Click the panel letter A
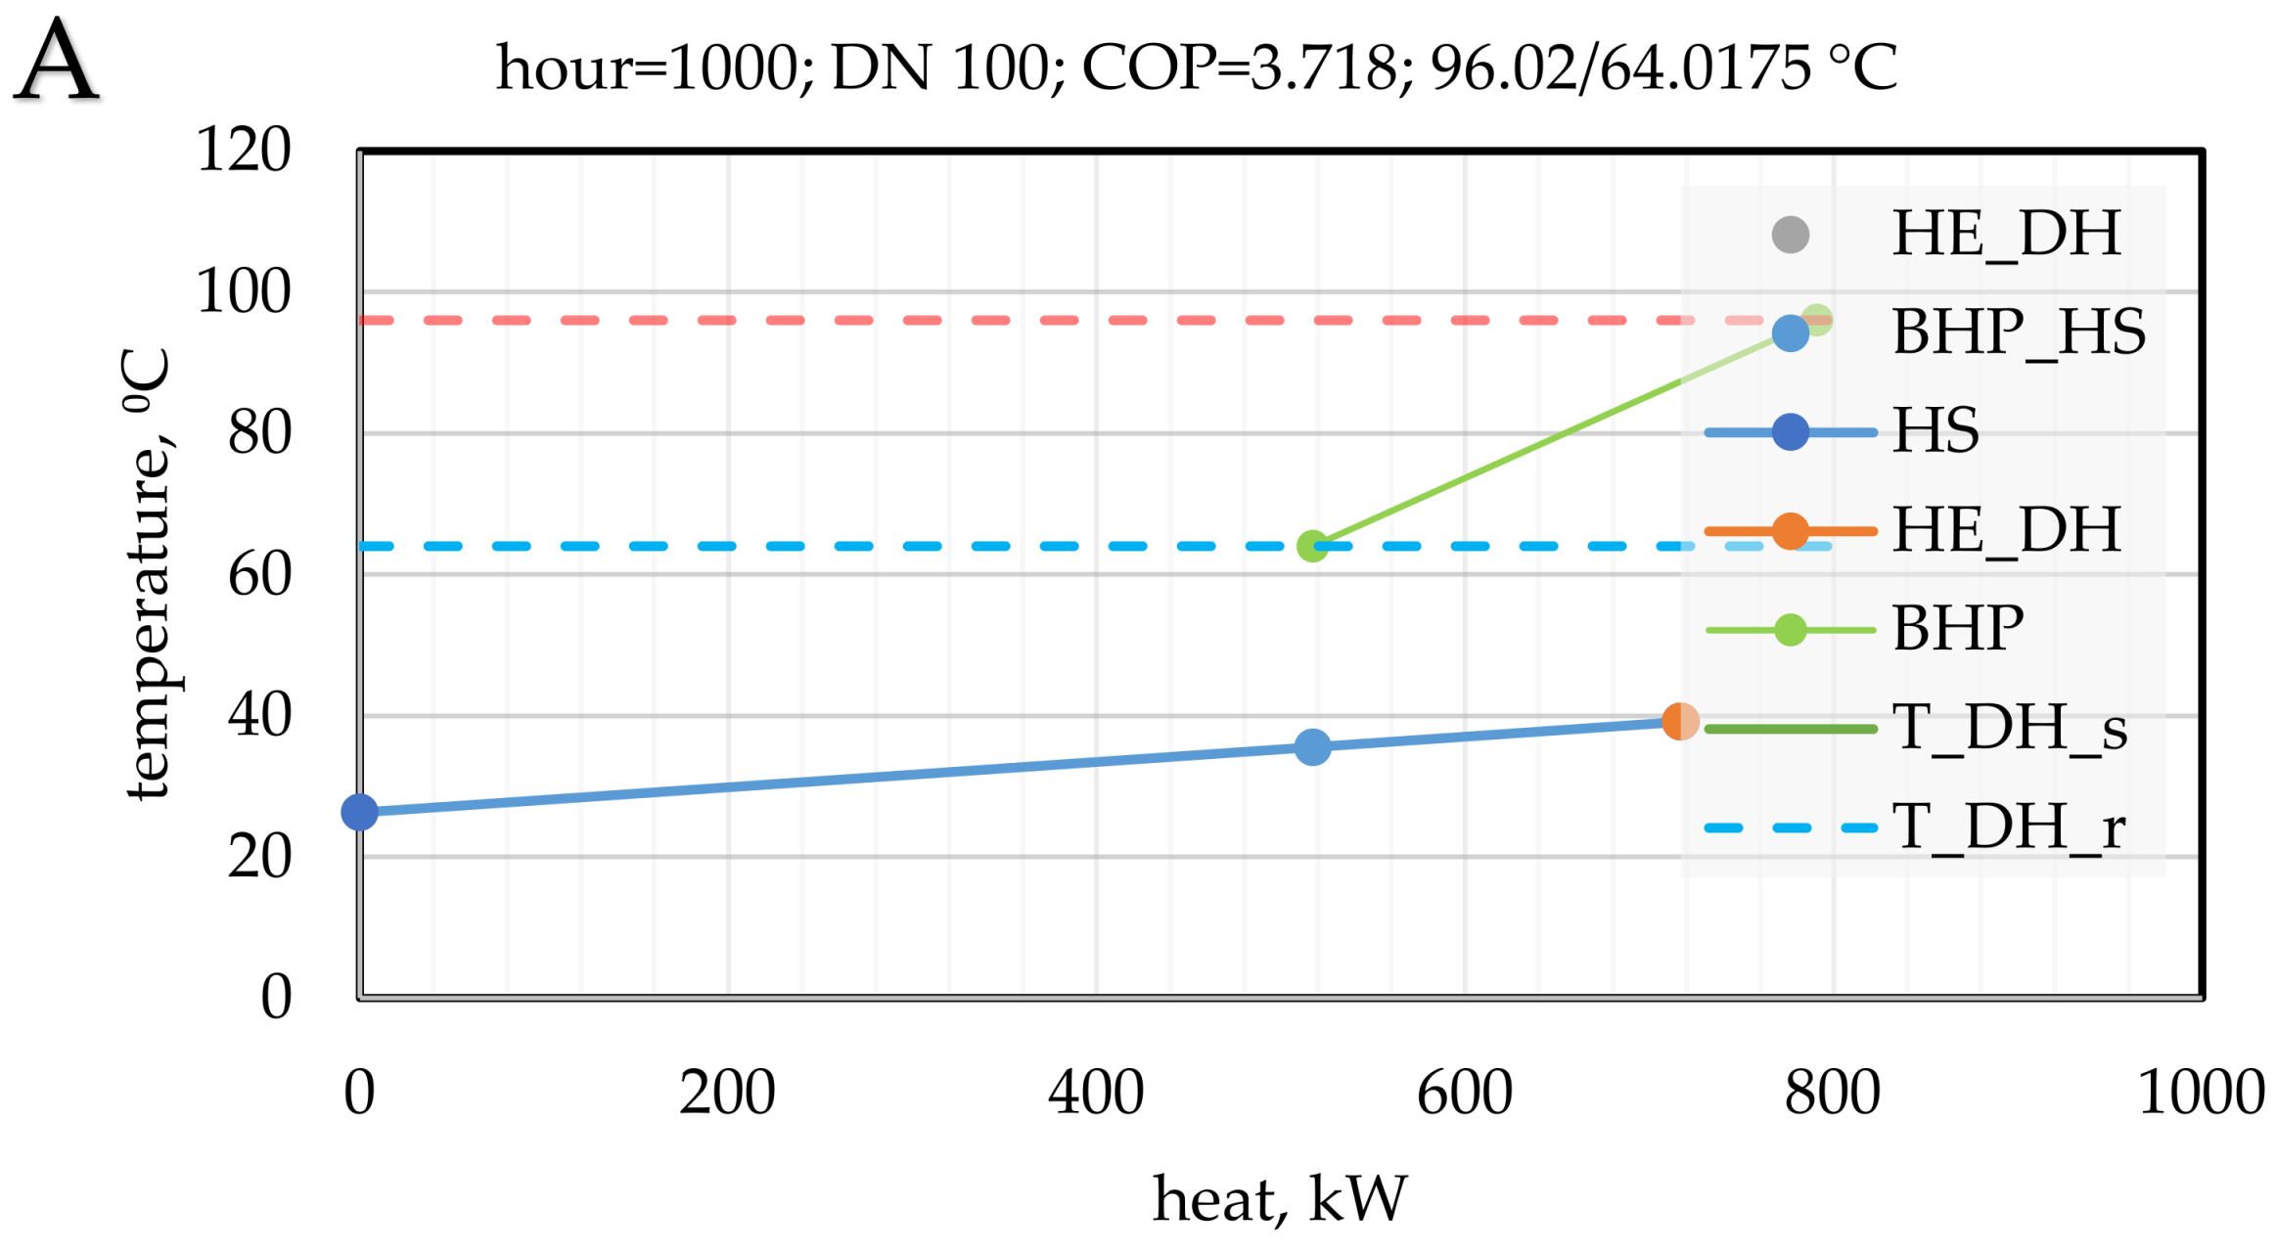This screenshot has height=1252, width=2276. pyautogui.click(x=56, y=61)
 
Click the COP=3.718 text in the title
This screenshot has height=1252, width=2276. pyautogui.click(x=1239, y=68)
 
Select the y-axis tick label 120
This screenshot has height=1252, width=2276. pyautogui.click(x=244, y=151)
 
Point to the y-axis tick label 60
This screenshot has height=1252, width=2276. pyautogui.click(x=259, y=574)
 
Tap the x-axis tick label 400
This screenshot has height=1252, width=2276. pyautogui.click(x=1095, y=1093)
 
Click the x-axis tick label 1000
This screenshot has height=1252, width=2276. pyautogui.click(x=2201, y=1093)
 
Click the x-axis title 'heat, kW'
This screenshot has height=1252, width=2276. pyautogui.click(x=1279, y=1199)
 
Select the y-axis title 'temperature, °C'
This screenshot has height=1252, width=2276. pyautogui.click(x=149, y=574)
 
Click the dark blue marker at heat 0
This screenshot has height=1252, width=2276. pyautogui.click(x=359, y=812)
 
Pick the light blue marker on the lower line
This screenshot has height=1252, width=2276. pyautogui.click(x=1312, y=747)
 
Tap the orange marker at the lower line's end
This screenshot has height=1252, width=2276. pyautogui.click(x=1679, y=722)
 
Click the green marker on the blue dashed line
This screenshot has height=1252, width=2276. pyautogui.click(x=1312, y=547)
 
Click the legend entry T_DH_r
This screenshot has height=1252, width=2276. pyautogui.click(x=2008, y=827)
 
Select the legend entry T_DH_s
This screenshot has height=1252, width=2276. pyautogui.click(x=2008, y=729)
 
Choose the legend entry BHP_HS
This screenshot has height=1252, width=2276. pyautogui.click(x=2018, y=333)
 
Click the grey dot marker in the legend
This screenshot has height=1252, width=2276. pyautogui.click(x=1790, y=235)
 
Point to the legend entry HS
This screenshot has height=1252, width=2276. pyautogui.click(x=1935, y=431)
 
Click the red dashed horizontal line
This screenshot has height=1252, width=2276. pyautogui.click(x=979, y=321)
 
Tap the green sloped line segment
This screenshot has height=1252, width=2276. pyautogui.click(x=1497, y=463)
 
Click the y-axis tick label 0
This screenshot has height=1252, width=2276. pyautogui.click(x=276, y=998)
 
